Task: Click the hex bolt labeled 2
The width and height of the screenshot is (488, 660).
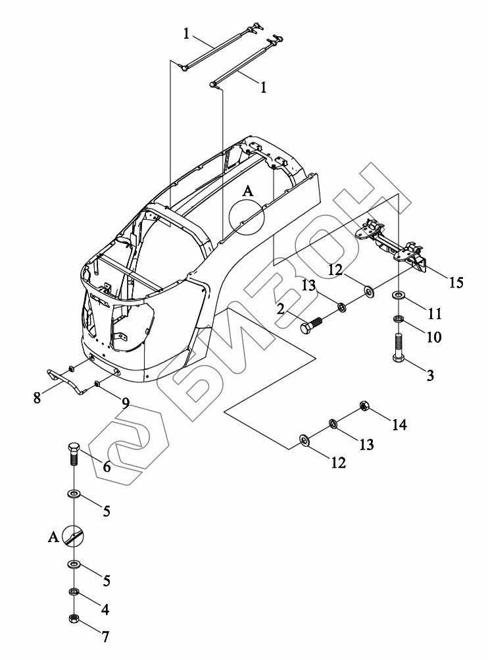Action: pyautogui.click(x=312, y=325)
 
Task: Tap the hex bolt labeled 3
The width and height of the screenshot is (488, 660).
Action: pyautogui.click(x=398, y=347)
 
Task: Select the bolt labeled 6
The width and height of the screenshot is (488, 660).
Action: pyautogui.click(x=73, y=453)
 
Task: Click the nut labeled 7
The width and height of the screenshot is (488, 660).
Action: pyautogui.click(x=74, y=619)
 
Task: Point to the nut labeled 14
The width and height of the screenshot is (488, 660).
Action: pyautogui.click(x=364, y=405)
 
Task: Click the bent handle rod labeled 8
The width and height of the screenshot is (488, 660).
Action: pyautogui.click(x=65, y=380)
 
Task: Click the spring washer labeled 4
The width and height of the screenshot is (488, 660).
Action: pyautogui.click(x=74, y=592)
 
